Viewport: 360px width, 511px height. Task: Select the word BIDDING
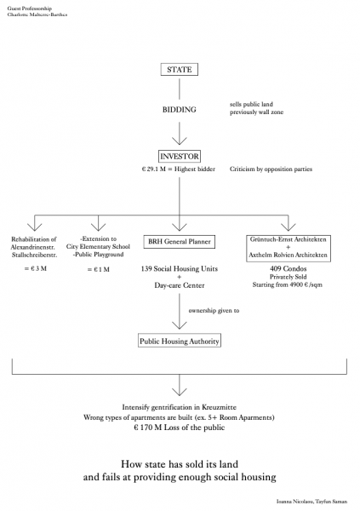pos(180,110)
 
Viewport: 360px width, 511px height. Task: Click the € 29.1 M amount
pos(153,169)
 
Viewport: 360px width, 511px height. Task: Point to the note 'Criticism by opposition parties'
pos(271,169)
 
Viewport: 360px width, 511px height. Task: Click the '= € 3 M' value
pos(36,268)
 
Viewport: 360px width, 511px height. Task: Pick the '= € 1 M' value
pos(99,269)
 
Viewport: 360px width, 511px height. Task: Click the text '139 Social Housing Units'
pos(180,269)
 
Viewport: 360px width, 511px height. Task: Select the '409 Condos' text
pos(288,269)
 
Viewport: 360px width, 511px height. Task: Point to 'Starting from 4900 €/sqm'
pos(288,284)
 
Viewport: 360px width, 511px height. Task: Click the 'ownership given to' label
pos(214,311)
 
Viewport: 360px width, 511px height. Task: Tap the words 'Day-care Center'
pos(180,285)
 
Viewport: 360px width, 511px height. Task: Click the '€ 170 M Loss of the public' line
pos(180,428)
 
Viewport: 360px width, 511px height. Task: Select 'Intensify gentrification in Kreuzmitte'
pos(180,407)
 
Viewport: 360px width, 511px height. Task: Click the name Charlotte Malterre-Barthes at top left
pos(37,14)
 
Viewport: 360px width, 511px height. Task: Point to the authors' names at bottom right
pos(311,502)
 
